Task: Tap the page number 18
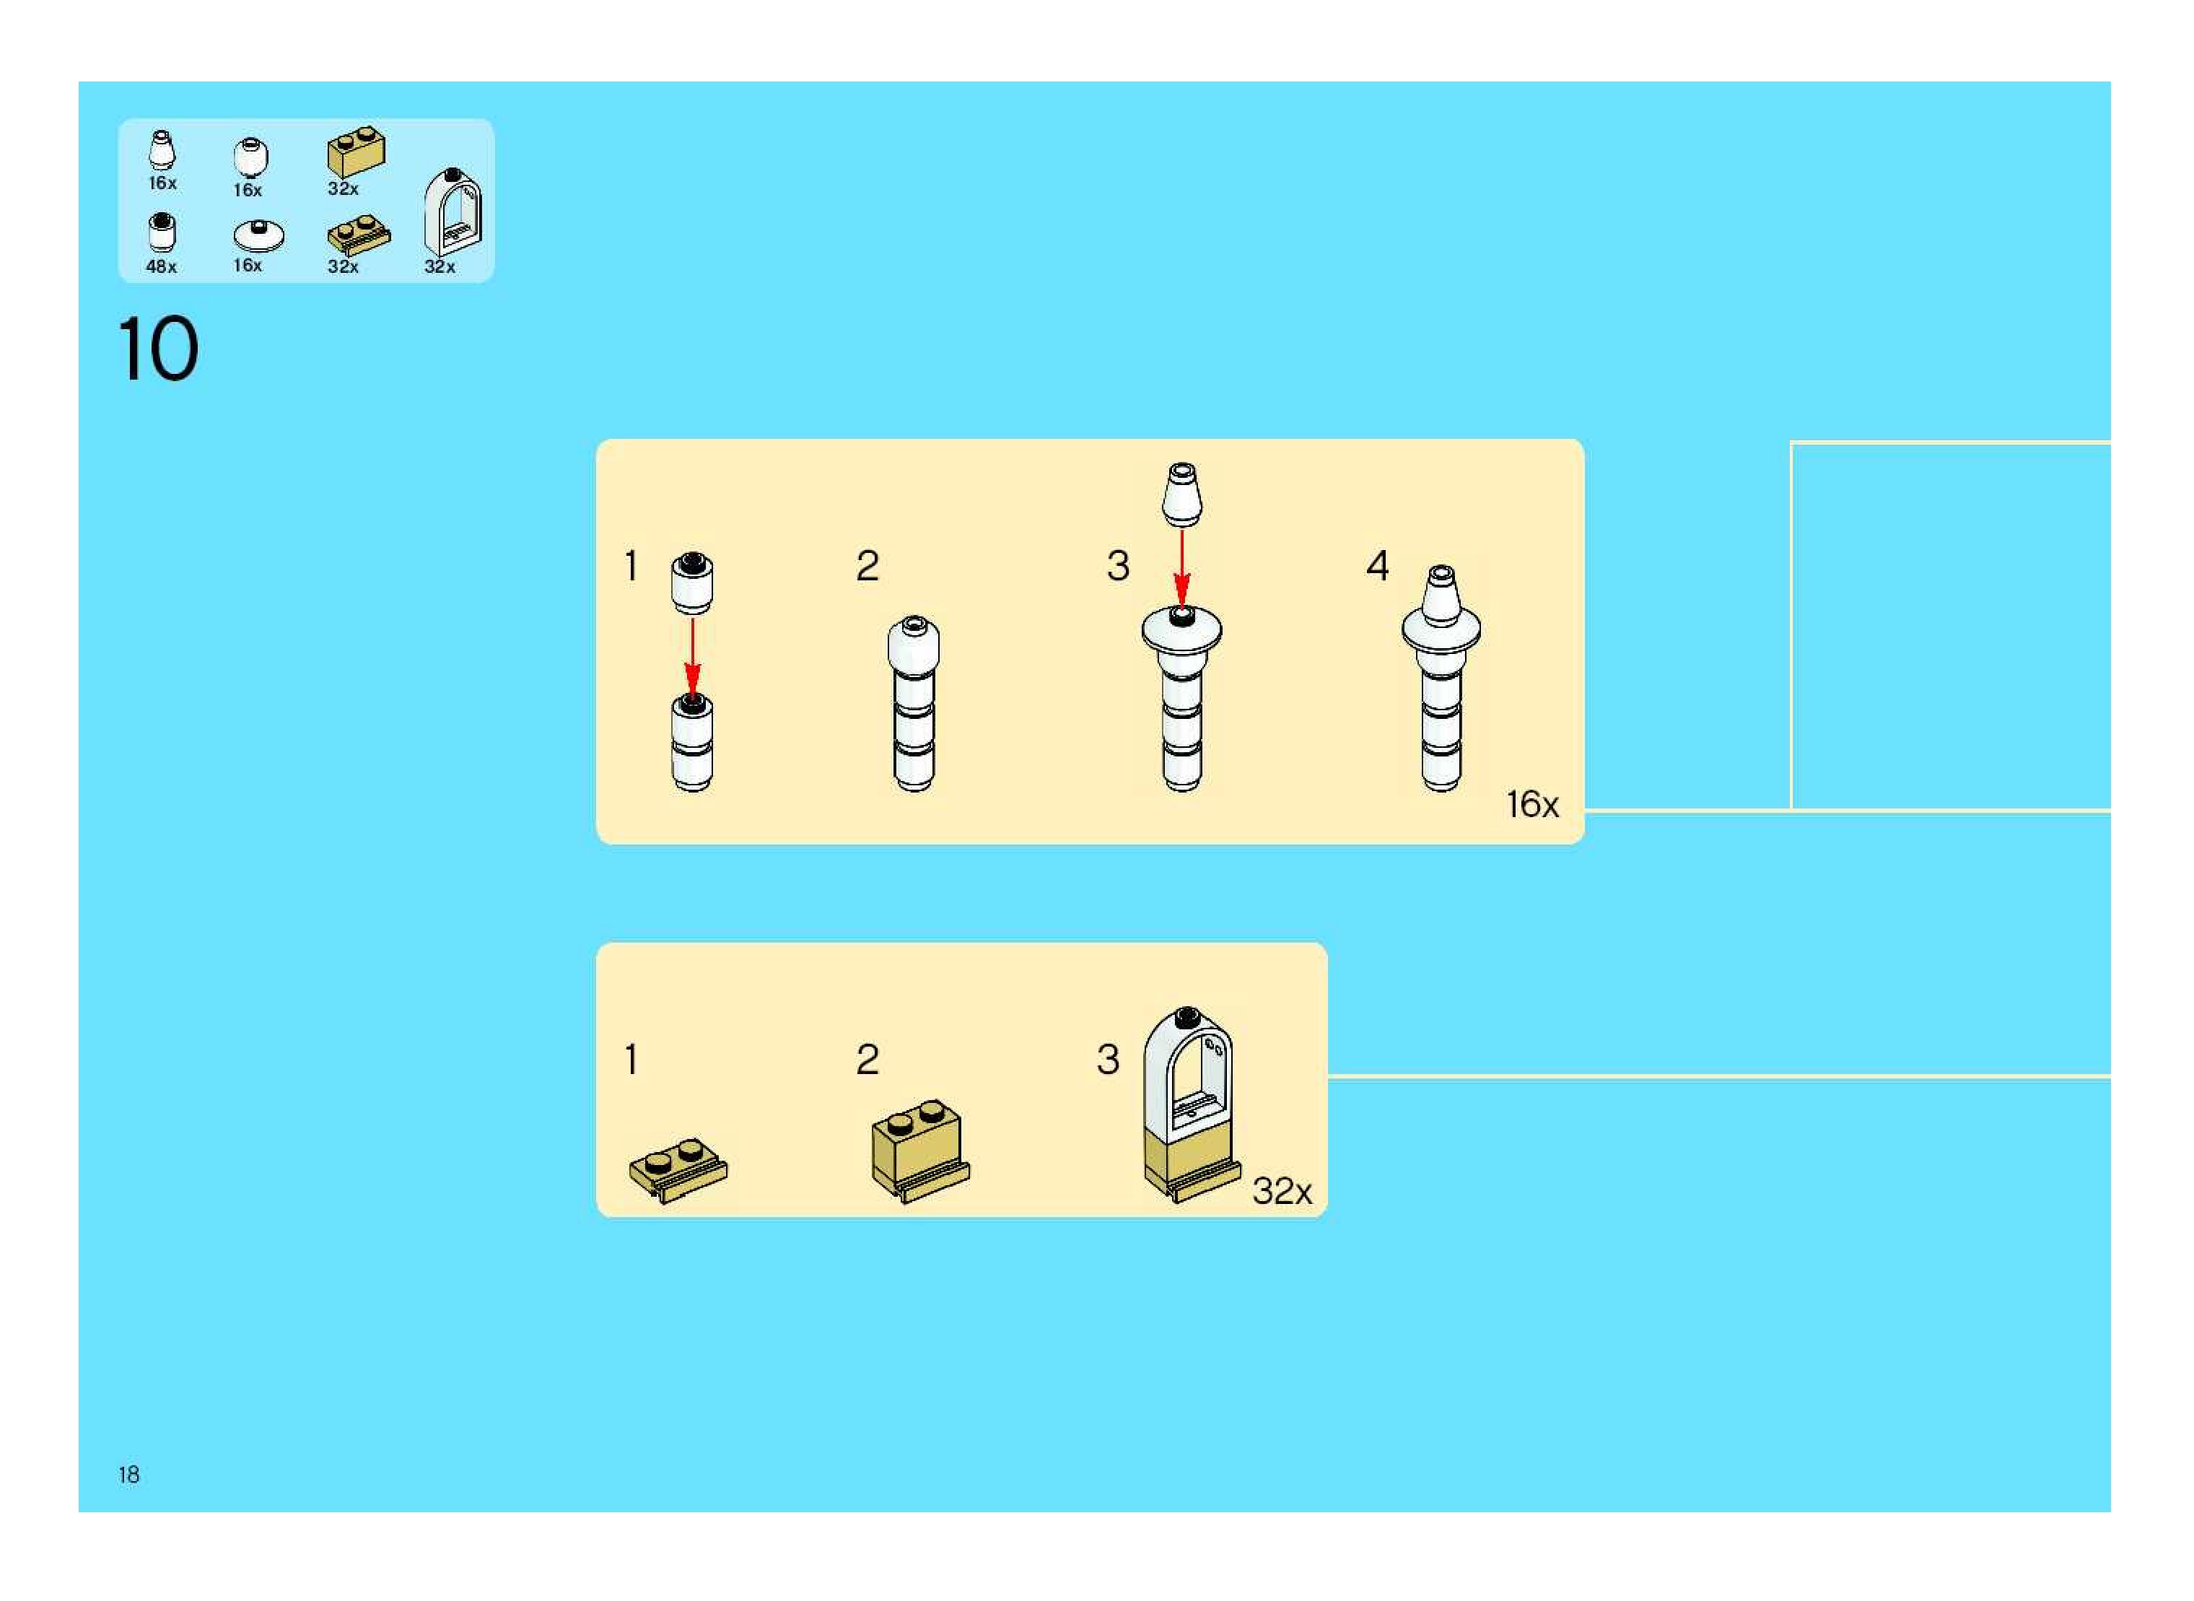(129, 1474)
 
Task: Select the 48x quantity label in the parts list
(161, 266)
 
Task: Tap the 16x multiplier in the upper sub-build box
(1531, 804)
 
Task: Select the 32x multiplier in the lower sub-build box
(1281, 1191)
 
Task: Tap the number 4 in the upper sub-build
(1377, 565)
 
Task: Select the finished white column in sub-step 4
(1441, 679)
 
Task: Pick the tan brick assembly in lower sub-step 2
(919, 1149)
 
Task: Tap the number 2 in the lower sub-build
(867, 1059)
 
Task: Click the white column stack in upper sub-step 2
(914, 702)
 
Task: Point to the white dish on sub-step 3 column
(1181, 631)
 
